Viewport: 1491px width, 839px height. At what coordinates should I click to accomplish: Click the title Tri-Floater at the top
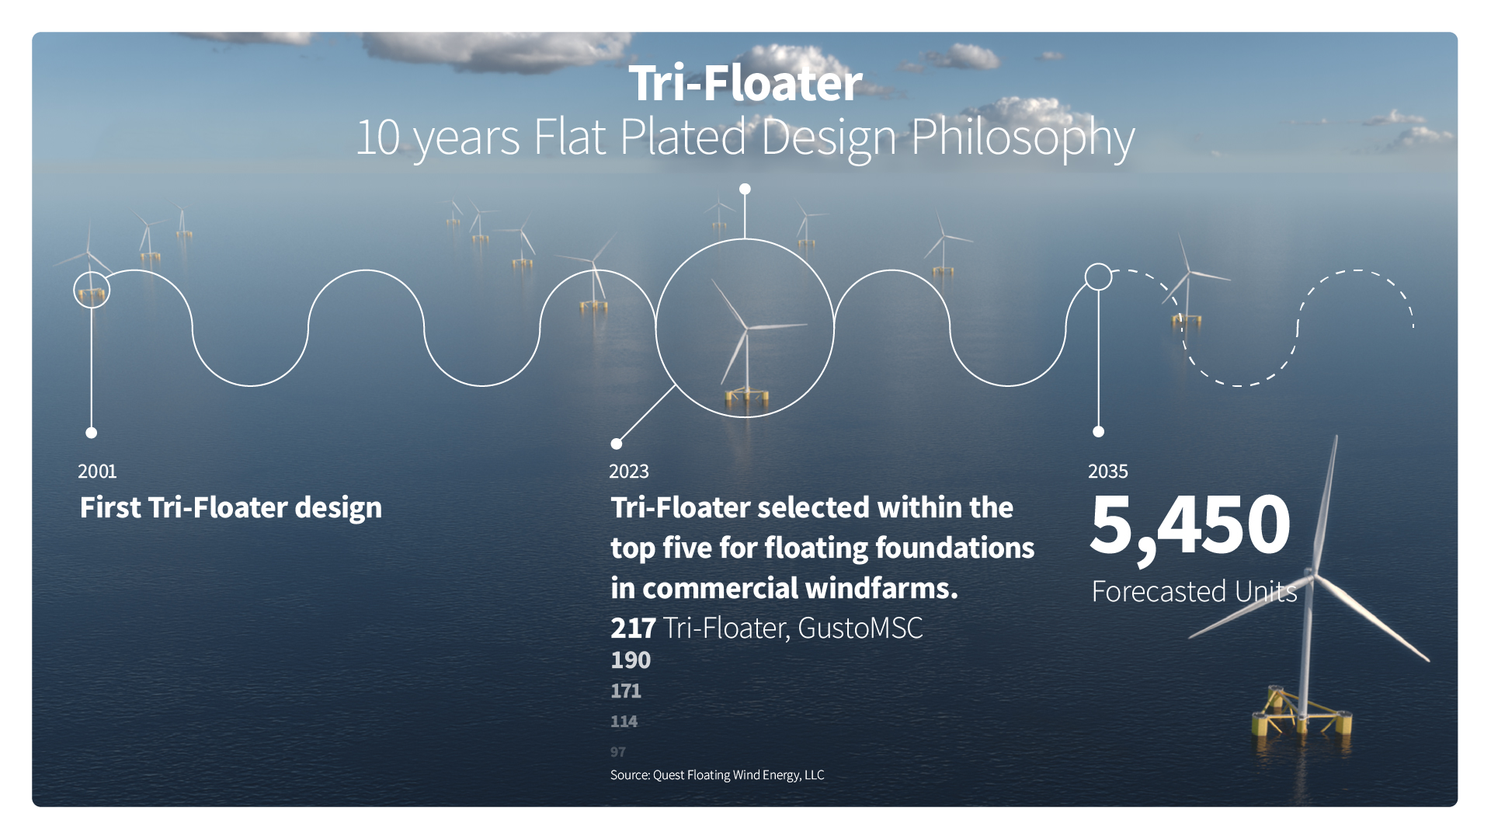(745, 83)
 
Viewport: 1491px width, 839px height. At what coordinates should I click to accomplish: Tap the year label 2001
(97, 472)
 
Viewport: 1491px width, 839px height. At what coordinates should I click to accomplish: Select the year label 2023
(629, 472)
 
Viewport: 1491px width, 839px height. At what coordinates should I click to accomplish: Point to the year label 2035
(1108, 472)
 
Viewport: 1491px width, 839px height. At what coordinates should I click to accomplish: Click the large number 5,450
(1190, 527)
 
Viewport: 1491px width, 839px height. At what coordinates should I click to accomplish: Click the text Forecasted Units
(1194, 592)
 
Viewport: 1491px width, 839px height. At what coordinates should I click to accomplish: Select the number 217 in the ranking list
(633, 628)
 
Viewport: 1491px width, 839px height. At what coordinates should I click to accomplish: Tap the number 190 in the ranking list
(631, 660)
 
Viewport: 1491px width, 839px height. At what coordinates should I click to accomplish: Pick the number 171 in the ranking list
(626, 691)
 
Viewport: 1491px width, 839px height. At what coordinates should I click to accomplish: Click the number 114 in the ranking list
(624, 722)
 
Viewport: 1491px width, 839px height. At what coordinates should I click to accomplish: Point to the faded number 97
(618, 752)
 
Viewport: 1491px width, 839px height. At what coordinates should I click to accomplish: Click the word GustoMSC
(860, 628)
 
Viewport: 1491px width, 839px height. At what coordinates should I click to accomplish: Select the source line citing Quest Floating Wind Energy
(717, 775)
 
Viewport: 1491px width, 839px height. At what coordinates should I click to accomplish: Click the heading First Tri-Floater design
(231, 508)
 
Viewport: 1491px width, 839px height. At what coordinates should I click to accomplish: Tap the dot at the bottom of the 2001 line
(92, 433)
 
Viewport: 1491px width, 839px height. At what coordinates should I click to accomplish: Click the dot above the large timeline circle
(745, 189)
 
